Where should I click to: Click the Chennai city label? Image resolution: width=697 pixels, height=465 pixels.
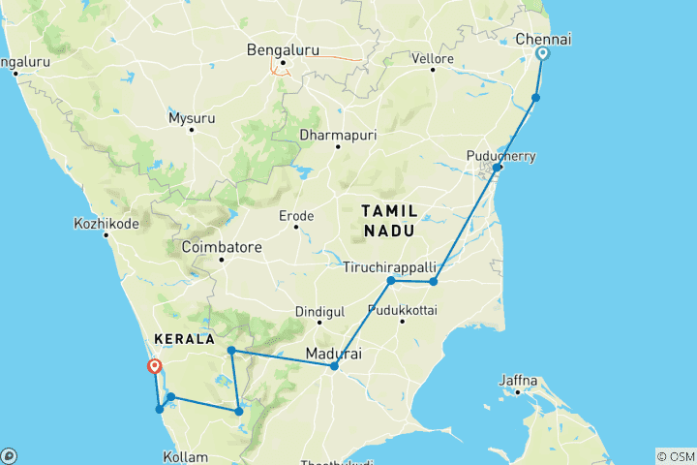tap(543, 38)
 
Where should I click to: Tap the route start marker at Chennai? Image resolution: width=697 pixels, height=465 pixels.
tap(543, 54)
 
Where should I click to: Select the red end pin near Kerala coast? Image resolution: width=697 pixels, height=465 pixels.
tap(153, 366)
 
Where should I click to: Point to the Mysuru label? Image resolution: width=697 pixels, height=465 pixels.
tap(191, 118)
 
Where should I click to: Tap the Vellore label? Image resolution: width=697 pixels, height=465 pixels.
tap(435, 59)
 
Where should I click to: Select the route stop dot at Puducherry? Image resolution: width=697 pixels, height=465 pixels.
tap(497, 168)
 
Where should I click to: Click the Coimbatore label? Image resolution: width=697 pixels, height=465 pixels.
tap(222, 247)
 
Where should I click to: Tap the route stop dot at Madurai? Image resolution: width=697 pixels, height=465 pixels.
tap(334, 366)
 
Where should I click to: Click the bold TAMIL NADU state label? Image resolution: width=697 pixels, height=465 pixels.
tap(390, 220)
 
